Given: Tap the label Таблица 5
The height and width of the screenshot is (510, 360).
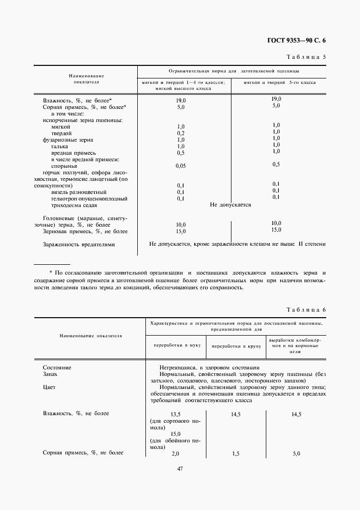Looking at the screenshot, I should click(x=306, y=57).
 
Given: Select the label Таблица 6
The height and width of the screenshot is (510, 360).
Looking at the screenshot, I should click(x=306, y=309).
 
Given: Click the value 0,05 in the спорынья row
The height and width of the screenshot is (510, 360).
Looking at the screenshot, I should click(x=181, y=165).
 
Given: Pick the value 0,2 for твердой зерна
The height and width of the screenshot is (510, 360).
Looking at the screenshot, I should click(x=181, y=133).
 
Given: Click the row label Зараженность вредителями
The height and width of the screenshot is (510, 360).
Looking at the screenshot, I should click(x=79, y=245).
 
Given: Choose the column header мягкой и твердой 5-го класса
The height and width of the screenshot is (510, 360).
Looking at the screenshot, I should click(x=279, y=82).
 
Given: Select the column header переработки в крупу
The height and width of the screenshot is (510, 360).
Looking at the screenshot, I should click(x=236, y=346).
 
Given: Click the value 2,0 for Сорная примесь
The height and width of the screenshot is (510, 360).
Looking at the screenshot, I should click(x=175, y=453).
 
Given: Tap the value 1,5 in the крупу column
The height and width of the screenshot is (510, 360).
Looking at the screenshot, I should click(x=236, y=453).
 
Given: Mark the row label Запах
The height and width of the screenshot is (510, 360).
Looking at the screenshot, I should click(x=50, y=375).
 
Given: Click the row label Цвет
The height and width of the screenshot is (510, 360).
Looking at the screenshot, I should click(x=49, y=388).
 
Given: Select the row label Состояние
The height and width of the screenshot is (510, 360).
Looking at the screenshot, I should click(x=57, y=368).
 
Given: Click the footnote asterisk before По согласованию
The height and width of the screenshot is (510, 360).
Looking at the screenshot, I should click(x=51, y=272).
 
